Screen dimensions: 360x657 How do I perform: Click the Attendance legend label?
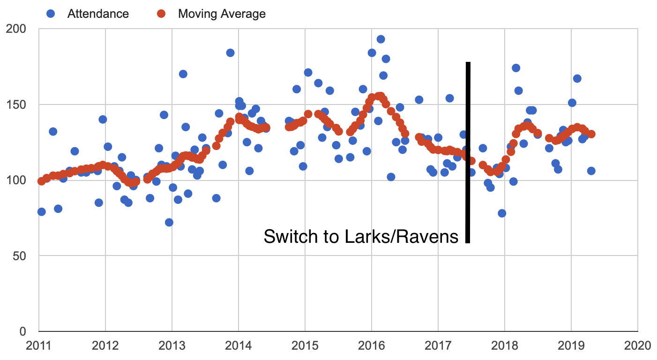pyautogui.click(x=98, y=14)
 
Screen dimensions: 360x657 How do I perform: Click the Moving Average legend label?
pyautogui.click(x=222, y=14)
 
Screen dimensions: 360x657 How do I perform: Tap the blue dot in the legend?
pyautogui.click(x=52, y=14)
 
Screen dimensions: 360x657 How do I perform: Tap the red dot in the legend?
pyautogui.click(x=161, y=14)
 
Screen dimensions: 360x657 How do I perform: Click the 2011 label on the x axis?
pyautogui.click(x=38, y=345)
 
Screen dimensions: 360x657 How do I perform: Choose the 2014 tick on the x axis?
pyautogui.click(x=238, y=345)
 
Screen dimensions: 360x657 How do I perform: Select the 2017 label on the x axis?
pyautogui.click(x=438, y=345)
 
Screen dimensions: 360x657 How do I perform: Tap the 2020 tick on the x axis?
pyautogui.click(x=637, y=345)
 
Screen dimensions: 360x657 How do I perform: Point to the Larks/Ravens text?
pyautogui.click(x=401, y=236)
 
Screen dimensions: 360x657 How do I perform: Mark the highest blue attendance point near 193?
pyautogui.click(x=381, y=39)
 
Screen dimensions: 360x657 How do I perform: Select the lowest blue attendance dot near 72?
pyautogui.click(x=169, y=222)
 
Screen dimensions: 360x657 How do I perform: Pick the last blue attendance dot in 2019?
pyautogui.click(x=591, y=171)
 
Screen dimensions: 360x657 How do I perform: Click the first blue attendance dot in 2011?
pyautogui.click(x=41, y=211)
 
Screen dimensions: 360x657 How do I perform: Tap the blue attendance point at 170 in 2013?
pyautogui.click(x=183, y=74)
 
